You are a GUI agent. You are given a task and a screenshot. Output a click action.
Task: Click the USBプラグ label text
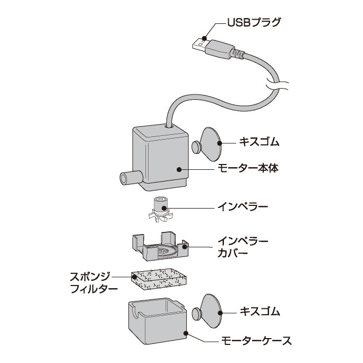(x=254, y=23)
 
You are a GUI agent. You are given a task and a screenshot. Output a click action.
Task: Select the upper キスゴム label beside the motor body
(x=257, y=143)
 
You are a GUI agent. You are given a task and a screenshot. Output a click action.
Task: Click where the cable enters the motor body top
(x=168, y=126)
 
